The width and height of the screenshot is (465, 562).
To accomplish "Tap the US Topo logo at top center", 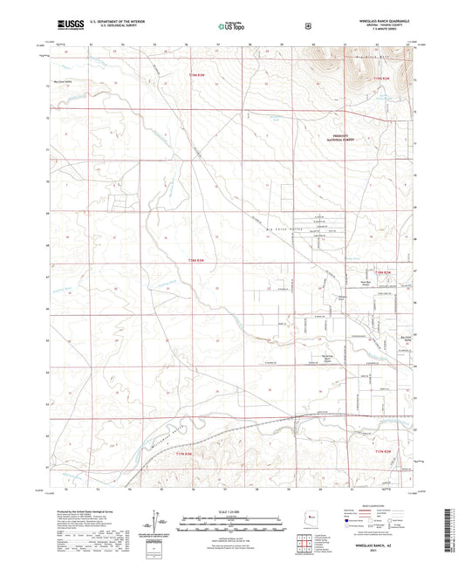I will pyautogui.click(x=231, y=27).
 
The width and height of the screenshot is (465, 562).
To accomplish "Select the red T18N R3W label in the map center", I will pyautogui.click(x=200, y=259).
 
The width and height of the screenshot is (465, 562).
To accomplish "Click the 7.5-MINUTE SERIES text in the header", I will pyautogui.click(x=381, y=31).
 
